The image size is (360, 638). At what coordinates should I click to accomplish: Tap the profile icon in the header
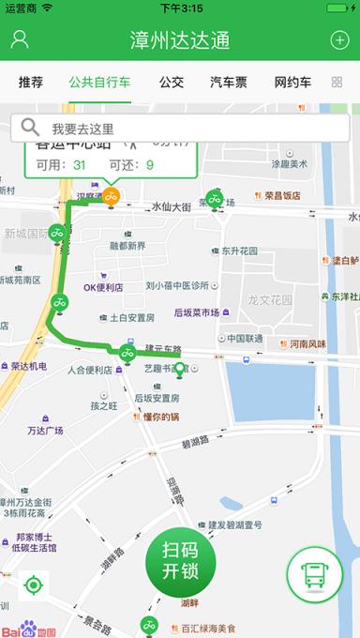point(20,40)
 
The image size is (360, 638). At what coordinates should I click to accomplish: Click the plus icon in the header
point(339,40)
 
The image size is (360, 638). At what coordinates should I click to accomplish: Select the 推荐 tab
point(31,83)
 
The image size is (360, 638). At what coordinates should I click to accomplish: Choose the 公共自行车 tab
point(99,83)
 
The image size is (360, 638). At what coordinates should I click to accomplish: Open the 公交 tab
point(172,83)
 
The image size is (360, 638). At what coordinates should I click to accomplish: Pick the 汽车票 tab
point(229,83)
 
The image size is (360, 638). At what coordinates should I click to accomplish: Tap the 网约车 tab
point(292,83)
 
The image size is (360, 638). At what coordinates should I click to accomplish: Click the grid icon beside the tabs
point(337,83)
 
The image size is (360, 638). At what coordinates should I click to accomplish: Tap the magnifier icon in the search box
point(30,128)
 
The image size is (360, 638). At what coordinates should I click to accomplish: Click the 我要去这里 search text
point(82,129)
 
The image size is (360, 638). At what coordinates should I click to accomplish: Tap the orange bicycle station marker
point(111,196)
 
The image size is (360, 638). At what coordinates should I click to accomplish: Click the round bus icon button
point(314,575)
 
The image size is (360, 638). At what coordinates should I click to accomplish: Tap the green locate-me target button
point(33,586)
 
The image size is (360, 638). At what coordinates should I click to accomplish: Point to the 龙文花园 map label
point(270,300)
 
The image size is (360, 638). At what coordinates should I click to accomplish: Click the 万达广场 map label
point(45,431)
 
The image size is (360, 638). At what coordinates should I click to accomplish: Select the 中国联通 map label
point(245,338)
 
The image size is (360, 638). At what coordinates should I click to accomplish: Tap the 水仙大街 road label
point(172,205)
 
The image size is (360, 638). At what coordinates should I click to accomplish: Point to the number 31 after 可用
point(80,165)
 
